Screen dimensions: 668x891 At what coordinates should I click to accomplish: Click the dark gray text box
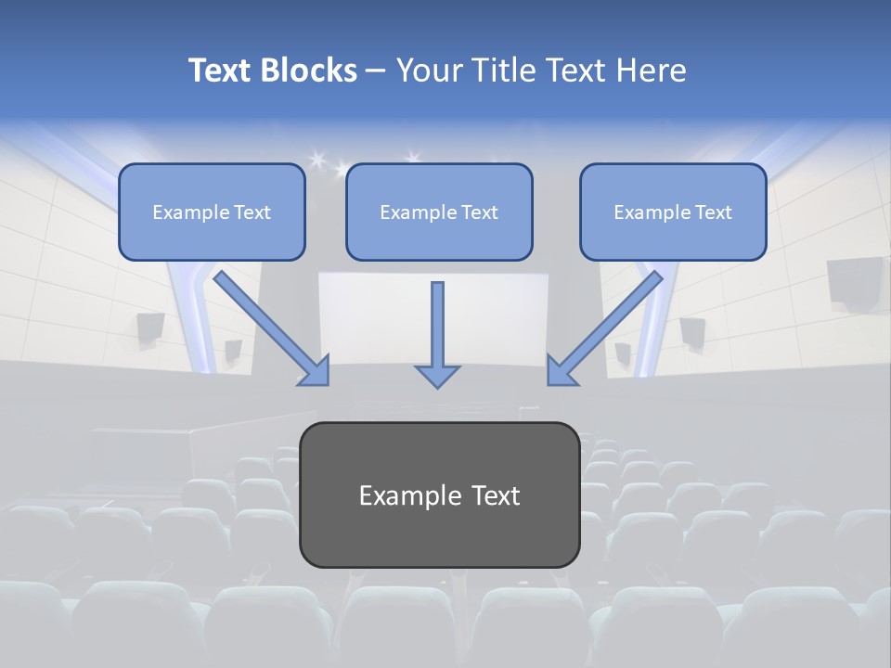pyautogui.click(x=439, y=533)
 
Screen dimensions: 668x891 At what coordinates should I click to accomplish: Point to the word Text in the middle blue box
pyautogui.click(x=479, y=212)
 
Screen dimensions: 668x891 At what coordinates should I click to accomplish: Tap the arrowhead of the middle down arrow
pyautogui.click(x=437, y=375)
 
